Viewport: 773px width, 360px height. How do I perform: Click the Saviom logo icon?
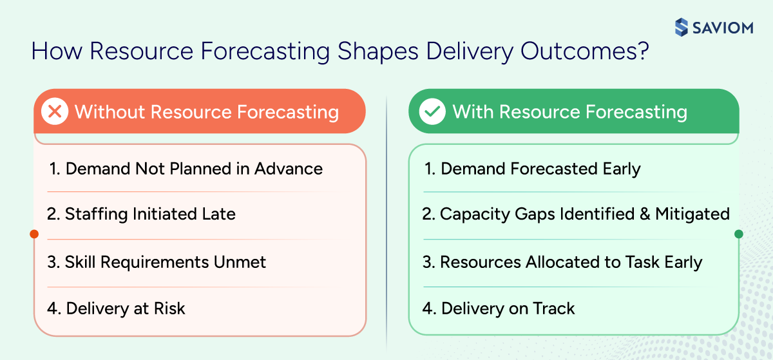(682, 27)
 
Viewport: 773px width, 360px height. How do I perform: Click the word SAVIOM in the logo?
(723, 28)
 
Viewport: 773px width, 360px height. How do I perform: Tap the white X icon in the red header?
(55, 112)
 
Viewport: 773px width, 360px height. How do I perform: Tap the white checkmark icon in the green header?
(432, 112)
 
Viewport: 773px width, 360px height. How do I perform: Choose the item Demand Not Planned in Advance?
(186, 169)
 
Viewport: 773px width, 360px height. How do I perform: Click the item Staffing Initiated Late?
(142, 214)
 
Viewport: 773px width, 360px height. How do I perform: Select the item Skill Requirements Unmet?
(157, 262)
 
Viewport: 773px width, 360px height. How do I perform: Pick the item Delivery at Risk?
(117, 308)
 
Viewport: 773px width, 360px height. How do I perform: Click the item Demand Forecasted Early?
(532, 169)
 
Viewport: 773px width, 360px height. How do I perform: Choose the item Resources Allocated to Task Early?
(562, 262)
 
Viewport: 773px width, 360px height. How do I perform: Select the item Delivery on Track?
(499, 308)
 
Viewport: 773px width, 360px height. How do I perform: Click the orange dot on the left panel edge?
(34, 234)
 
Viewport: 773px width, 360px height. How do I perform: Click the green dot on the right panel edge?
(739, 234)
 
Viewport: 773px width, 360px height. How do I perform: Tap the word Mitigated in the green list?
(692, 214)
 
